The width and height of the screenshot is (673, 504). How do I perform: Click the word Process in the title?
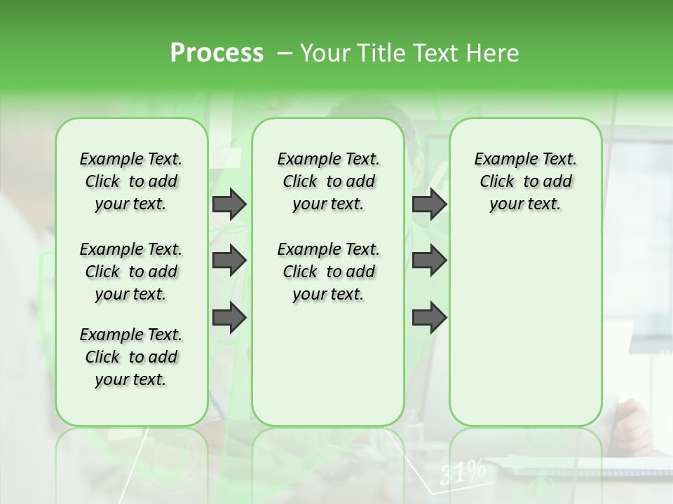[x=217, y=53]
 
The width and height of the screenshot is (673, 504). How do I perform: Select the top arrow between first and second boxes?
[x=229, y=204]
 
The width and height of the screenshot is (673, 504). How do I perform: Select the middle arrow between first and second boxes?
[x=229, y=260]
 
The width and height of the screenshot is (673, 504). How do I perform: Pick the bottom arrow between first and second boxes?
[x=229, y=318]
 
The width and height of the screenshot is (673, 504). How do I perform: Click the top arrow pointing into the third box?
[x=429, y=204]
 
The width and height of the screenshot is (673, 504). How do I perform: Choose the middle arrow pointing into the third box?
[x=429, y=260]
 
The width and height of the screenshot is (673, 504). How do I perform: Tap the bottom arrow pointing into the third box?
[x=429, y=318]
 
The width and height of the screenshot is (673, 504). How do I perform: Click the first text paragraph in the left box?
[x=131, y=181]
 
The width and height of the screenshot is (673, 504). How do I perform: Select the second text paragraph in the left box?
[x=131, y=272]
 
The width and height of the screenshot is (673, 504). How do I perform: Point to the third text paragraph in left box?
[x=131, y=357]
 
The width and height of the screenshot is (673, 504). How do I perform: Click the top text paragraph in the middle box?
[x=328, y=181]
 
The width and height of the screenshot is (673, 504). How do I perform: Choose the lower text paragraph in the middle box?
[x=328, y=272]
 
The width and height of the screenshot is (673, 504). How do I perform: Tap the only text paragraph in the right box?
[x=525, y=181]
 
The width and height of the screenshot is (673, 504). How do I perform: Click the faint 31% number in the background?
[x=463, y=473]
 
